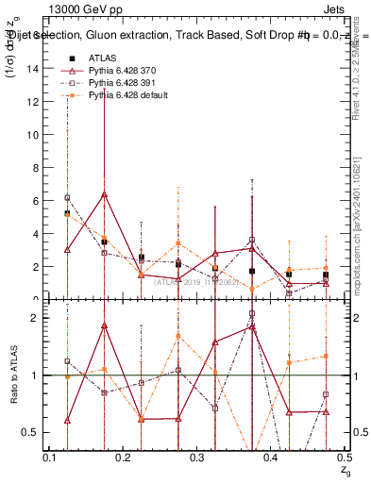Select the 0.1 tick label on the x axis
point(50,458)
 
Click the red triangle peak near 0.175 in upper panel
point(104,194)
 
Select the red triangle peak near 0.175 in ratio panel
point(104,325)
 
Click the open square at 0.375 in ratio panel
point(252,314)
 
